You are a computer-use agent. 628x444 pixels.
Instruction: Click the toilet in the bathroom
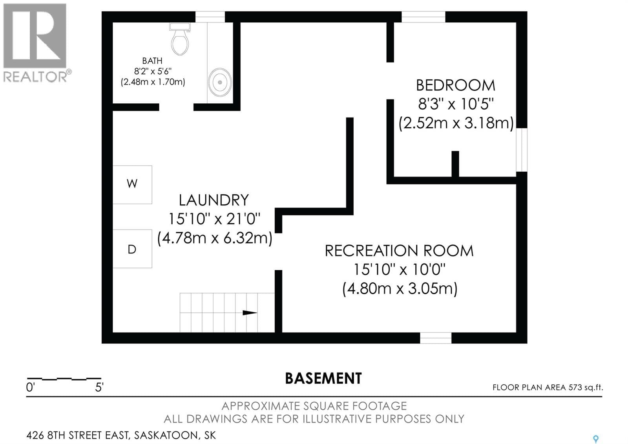180,40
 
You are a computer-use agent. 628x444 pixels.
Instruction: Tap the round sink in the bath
220,82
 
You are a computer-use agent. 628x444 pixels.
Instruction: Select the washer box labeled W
132,184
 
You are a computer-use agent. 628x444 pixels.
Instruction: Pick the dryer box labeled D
132,249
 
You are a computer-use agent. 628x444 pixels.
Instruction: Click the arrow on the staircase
250,313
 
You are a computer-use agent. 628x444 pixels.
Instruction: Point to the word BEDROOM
455,85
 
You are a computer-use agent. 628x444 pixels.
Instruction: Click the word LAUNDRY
214,200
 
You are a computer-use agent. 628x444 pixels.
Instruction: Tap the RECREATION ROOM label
399,251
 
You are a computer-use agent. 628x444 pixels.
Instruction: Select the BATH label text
152,61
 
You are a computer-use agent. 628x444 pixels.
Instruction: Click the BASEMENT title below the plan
323,378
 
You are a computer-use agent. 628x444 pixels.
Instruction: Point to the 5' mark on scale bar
99,388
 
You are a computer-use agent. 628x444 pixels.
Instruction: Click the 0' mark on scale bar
30,388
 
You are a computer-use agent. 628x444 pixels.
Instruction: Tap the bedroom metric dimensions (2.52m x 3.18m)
456,123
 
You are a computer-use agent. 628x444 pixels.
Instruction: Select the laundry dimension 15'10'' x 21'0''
214,219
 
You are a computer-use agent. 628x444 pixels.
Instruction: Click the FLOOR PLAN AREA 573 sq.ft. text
548,387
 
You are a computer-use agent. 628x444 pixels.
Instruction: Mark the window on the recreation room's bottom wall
436,338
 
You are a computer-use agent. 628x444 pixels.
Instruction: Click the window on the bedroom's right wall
521,150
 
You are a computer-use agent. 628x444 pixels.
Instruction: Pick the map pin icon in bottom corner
595,439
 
